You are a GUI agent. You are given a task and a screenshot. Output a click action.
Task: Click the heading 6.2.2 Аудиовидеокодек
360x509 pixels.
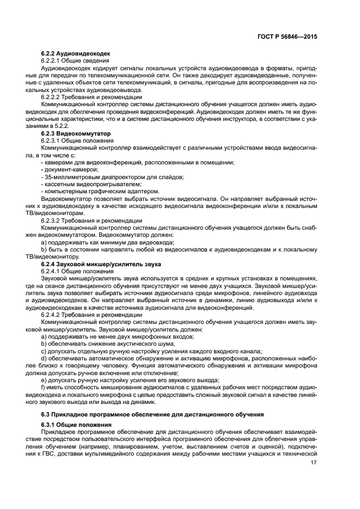coord(76,54)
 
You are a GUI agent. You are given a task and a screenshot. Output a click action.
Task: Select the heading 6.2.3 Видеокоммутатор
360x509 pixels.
coord(76,133)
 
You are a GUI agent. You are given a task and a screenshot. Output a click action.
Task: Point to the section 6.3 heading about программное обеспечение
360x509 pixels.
coord(152,415)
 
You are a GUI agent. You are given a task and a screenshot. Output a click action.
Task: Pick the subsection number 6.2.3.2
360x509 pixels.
coord(52,220)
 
